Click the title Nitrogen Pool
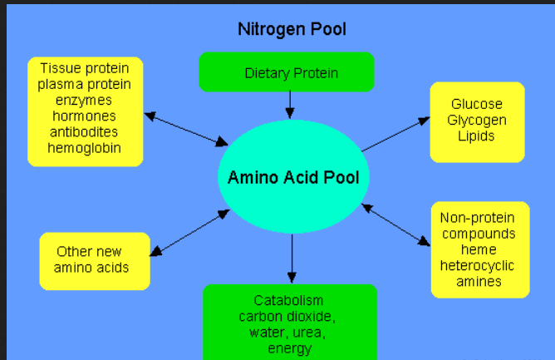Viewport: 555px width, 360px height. (292, 29)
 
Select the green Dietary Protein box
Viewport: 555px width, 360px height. (287, 72)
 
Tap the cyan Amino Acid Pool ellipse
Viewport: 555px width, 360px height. (292, 177)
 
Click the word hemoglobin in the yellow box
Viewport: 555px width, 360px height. (85, 148)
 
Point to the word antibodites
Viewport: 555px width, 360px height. (85, 132)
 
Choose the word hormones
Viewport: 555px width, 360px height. (85, 116)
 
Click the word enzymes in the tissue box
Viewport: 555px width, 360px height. (85, 100)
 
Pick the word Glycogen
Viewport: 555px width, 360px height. (477, 120)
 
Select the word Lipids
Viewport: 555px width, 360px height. (477, 136)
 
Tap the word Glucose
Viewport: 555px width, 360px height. (477, 104)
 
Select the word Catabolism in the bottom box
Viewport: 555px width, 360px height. (289, 300)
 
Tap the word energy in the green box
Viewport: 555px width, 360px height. (289, 348)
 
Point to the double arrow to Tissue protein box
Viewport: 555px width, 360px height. (186, 128)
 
